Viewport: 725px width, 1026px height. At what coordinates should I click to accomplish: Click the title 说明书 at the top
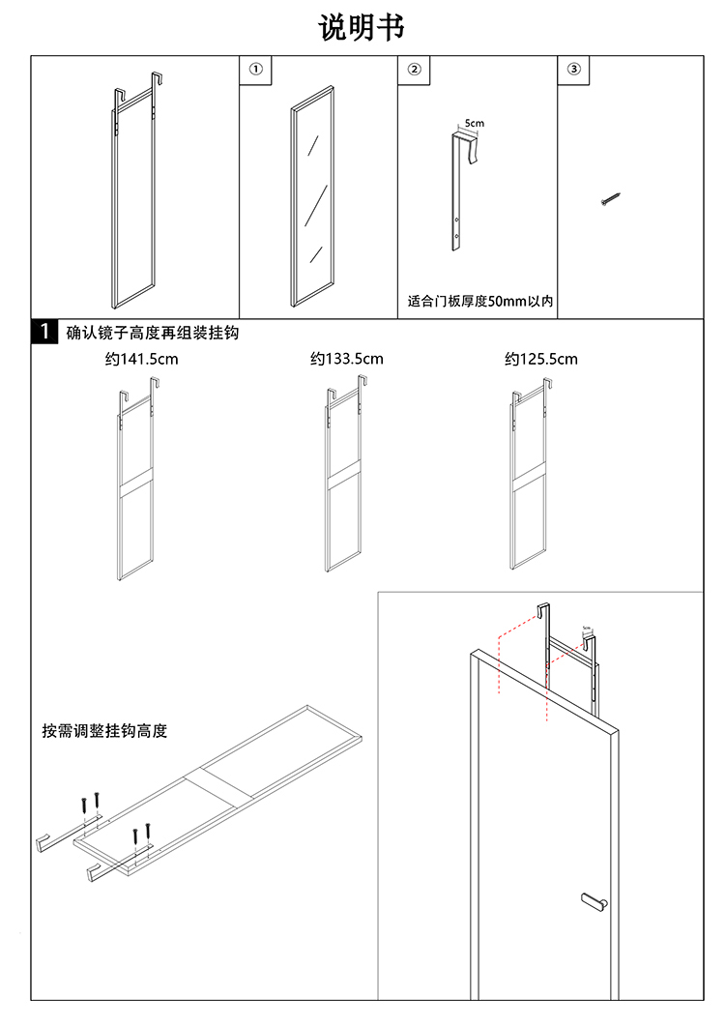(362, 27)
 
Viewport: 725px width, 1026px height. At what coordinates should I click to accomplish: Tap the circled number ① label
(255, 70)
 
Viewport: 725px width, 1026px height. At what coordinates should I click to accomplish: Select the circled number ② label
(414, 70)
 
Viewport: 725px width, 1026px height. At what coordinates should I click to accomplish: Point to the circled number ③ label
(573, 70)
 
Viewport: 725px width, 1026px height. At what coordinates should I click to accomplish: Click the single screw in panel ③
(609, 200)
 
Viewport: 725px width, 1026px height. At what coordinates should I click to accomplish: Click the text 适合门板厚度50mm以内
(478, 302)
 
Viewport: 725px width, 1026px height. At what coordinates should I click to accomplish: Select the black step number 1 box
(43, 333)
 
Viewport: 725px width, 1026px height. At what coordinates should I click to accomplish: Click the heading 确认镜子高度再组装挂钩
(152, 334)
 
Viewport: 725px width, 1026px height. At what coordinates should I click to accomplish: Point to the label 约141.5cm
(142, 360)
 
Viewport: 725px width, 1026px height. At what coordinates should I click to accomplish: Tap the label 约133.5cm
(347, 360)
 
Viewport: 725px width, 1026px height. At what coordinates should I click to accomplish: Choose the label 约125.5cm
(541, 360)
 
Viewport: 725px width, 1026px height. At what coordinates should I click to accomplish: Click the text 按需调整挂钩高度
(104, 731)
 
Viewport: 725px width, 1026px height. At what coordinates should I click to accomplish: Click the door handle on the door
(593, 901)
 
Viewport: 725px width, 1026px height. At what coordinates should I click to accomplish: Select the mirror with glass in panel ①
(311, 196)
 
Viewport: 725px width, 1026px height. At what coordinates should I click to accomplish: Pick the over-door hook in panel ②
(458, 193)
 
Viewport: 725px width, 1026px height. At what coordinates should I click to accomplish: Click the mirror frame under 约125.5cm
(527, 484)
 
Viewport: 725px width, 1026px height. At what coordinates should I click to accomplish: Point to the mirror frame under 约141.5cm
(136, 484)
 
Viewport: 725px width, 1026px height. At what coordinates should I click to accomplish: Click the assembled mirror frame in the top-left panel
(132, 193)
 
